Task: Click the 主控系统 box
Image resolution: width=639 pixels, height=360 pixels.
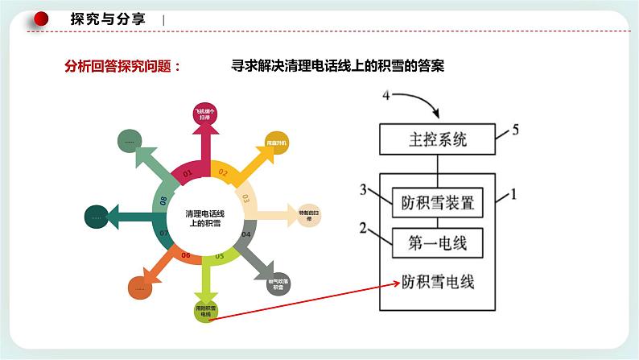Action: coord(438,139)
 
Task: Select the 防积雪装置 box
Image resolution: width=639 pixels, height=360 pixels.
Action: coord(438,203)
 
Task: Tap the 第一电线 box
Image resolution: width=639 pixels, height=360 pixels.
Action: coord(438,241)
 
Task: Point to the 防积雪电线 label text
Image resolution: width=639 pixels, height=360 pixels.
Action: coord(438,282)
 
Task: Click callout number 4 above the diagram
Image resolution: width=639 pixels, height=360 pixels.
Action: coord(386,96)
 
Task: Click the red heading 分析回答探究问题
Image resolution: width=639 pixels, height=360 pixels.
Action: coord(122,67)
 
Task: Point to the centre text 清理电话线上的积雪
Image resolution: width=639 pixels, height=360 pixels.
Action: coord(205,218)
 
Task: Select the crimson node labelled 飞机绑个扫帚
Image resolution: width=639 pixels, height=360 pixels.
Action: coord(205,114)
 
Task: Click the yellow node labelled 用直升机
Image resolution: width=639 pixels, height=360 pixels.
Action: coord(276,143)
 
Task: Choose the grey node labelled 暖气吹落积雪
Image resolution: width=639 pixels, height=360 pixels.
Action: coord(278,284)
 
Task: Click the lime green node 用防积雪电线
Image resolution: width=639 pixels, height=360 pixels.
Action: coord(205,311)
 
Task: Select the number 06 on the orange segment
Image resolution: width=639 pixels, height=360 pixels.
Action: coord(186,255)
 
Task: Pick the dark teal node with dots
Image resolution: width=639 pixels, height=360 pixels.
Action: coord(97,216)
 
